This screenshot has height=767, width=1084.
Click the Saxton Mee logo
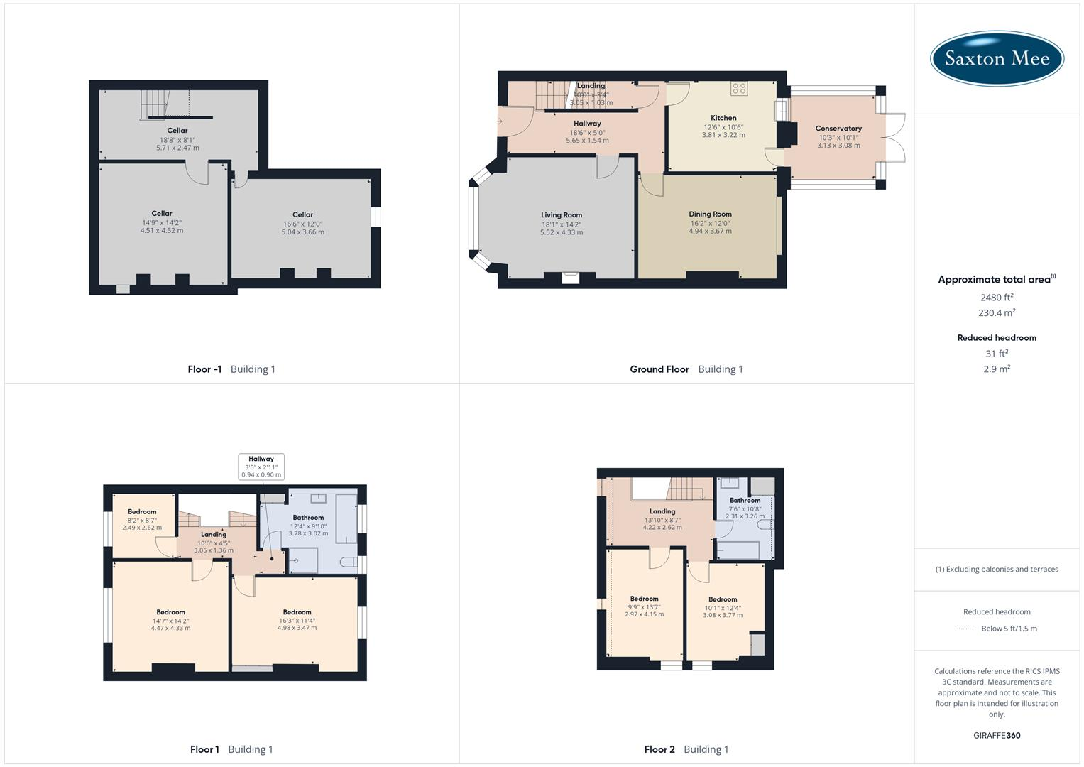click(x=997, y=58)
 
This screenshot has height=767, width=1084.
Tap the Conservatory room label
click(x=838, y=129)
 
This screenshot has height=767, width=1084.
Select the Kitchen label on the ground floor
click(x=723, y=118)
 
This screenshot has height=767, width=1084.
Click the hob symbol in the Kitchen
click(x=739, y=88)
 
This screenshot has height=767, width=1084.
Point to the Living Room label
click(x=562, y=215)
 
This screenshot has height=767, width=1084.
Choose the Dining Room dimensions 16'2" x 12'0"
click(x=710, y=223)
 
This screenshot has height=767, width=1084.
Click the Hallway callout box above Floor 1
click(x=261, y=467)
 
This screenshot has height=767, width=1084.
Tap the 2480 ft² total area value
click(x=997, y=298)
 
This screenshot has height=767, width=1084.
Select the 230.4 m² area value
click(x=997, y=313)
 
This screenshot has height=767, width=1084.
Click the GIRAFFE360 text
click(x=997, y=735)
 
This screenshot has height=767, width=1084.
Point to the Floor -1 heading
click(x=204, y=369)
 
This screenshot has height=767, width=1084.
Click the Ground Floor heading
click(x=659, y=369)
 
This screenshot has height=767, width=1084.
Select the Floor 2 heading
click(x=659, y=749)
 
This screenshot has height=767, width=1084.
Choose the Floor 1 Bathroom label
click(x=308, y=518)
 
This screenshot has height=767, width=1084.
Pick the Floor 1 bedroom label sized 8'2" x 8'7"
click(x=142, y=512)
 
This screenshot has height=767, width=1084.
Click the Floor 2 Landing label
click(x=662, y=511)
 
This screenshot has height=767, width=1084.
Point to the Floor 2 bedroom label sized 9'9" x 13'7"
click(x=644, y=599)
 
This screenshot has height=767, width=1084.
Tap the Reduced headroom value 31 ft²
click(x=997, y=354)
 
